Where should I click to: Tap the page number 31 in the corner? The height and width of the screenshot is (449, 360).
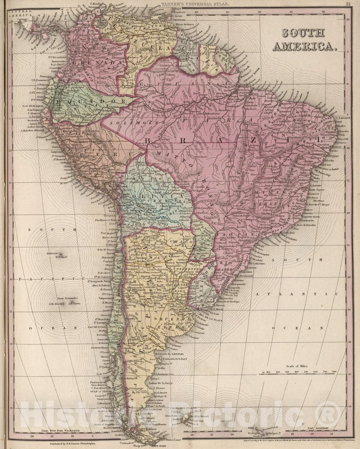click(348, 4)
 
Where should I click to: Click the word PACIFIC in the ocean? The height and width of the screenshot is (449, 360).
click(52, 279)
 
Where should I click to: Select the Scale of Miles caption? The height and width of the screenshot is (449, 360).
click(299, 366)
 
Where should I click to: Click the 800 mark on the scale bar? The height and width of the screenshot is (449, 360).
click(334, 372)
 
